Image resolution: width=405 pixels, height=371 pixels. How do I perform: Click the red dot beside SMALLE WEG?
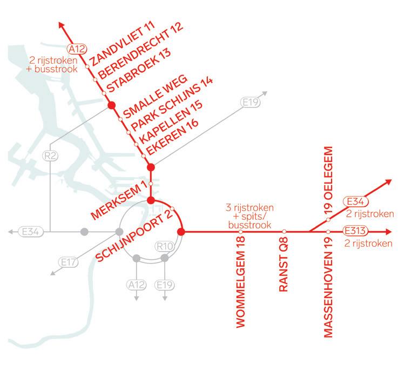112,106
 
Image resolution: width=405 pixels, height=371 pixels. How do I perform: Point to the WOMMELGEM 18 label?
241,284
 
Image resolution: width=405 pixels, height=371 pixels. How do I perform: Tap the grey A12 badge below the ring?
136,284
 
